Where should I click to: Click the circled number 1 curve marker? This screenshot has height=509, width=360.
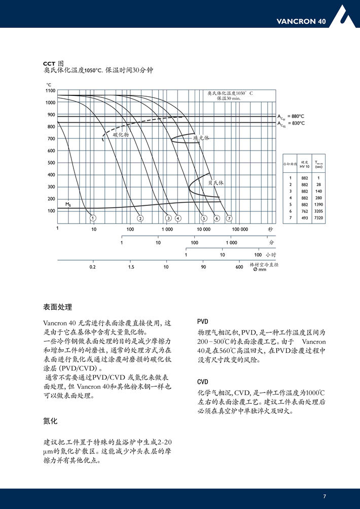[93, 218]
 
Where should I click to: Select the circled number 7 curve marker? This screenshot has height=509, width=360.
[229, 218]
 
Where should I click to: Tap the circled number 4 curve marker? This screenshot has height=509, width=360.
[178, 218]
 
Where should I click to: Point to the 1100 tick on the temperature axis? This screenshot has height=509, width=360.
[50, 91]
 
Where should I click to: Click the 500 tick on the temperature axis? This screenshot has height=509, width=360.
[51, 163]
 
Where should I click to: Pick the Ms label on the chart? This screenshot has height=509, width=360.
[67, 204]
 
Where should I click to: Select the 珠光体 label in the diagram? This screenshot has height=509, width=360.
[201, 137]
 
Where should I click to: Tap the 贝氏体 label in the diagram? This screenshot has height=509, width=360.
[215, 183]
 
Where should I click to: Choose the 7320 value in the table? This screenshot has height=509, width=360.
[318, 217]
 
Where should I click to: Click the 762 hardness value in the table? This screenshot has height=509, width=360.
[304, 211]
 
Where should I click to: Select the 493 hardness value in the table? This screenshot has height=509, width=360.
[304, 217]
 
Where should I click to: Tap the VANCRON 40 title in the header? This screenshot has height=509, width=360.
[301, 21]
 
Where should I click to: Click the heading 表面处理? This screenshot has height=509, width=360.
[58, 307]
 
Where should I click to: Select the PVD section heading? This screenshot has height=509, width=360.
[203, 322]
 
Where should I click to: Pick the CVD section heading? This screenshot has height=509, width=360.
[203, 381]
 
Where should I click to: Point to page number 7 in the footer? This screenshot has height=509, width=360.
[325, 496]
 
